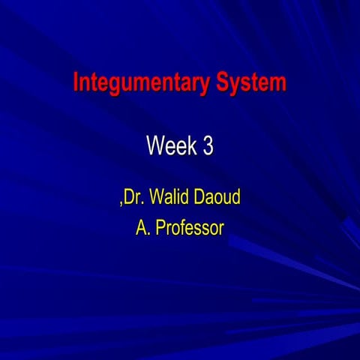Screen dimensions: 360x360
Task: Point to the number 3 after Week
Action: pos(207,146)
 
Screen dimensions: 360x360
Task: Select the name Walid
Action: pos(170,198)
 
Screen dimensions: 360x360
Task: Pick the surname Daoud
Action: pos(217,198)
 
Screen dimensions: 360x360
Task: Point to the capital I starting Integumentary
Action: pos(76,82)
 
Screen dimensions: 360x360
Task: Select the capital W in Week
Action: pos(154,146)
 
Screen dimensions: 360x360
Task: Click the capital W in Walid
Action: pos(155,198)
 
